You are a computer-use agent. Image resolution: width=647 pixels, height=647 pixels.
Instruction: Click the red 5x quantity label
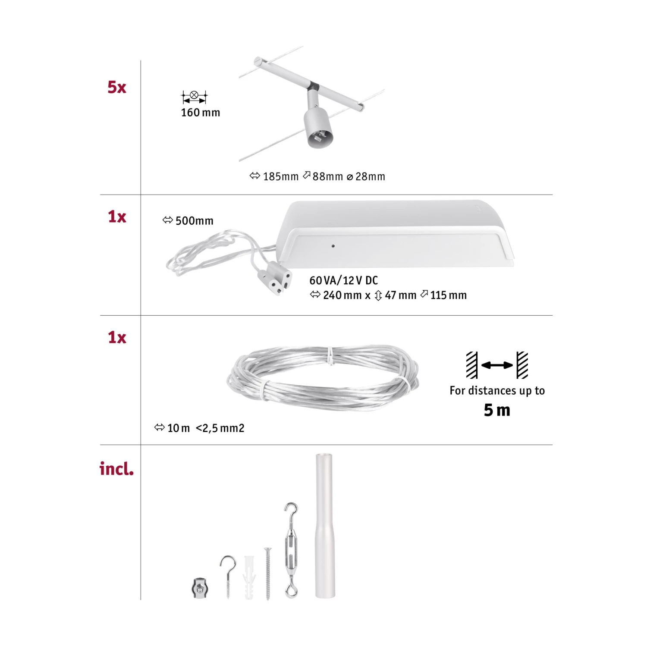[x=116, y=87]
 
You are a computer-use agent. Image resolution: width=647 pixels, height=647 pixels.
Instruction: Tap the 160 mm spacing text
[x=200, y=113]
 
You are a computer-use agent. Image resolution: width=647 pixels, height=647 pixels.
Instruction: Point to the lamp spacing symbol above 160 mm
[x=194, y=97]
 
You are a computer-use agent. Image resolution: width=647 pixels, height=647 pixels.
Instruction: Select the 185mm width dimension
[x=280, y=176]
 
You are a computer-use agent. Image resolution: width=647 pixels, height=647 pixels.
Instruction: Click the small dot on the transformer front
[x=333, y=246]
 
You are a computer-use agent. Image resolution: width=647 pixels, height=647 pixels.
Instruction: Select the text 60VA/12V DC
[x=343, y=280]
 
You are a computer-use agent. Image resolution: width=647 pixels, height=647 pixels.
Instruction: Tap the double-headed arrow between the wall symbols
[x=497, y=365]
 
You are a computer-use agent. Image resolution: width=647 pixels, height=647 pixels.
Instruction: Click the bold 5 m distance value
[x=497, y=410]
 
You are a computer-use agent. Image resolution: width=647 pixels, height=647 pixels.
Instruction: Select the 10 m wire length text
[x=178, y=428]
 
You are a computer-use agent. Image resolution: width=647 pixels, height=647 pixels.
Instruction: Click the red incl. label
[x=116, y=469]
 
